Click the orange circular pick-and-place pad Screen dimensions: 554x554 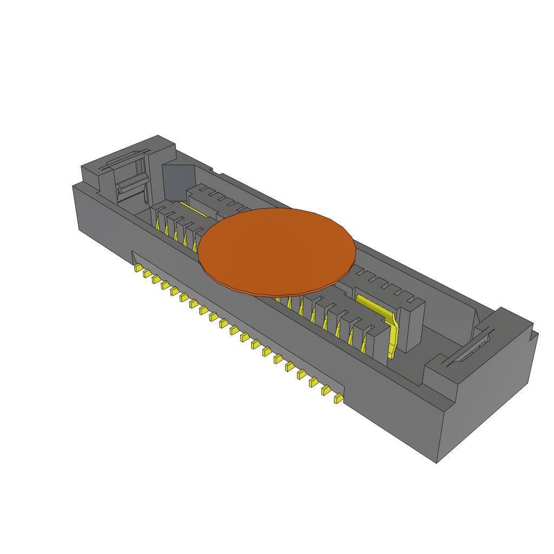(277, 250)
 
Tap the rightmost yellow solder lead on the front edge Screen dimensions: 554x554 (338, 399)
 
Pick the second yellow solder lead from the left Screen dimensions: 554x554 (146, 274)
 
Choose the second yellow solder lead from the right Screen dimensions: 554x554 (326, 391)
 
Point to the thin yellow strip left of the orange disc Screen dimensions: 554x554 (193, 209)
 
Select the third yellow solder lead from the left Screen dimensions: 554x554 (156, 280)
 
